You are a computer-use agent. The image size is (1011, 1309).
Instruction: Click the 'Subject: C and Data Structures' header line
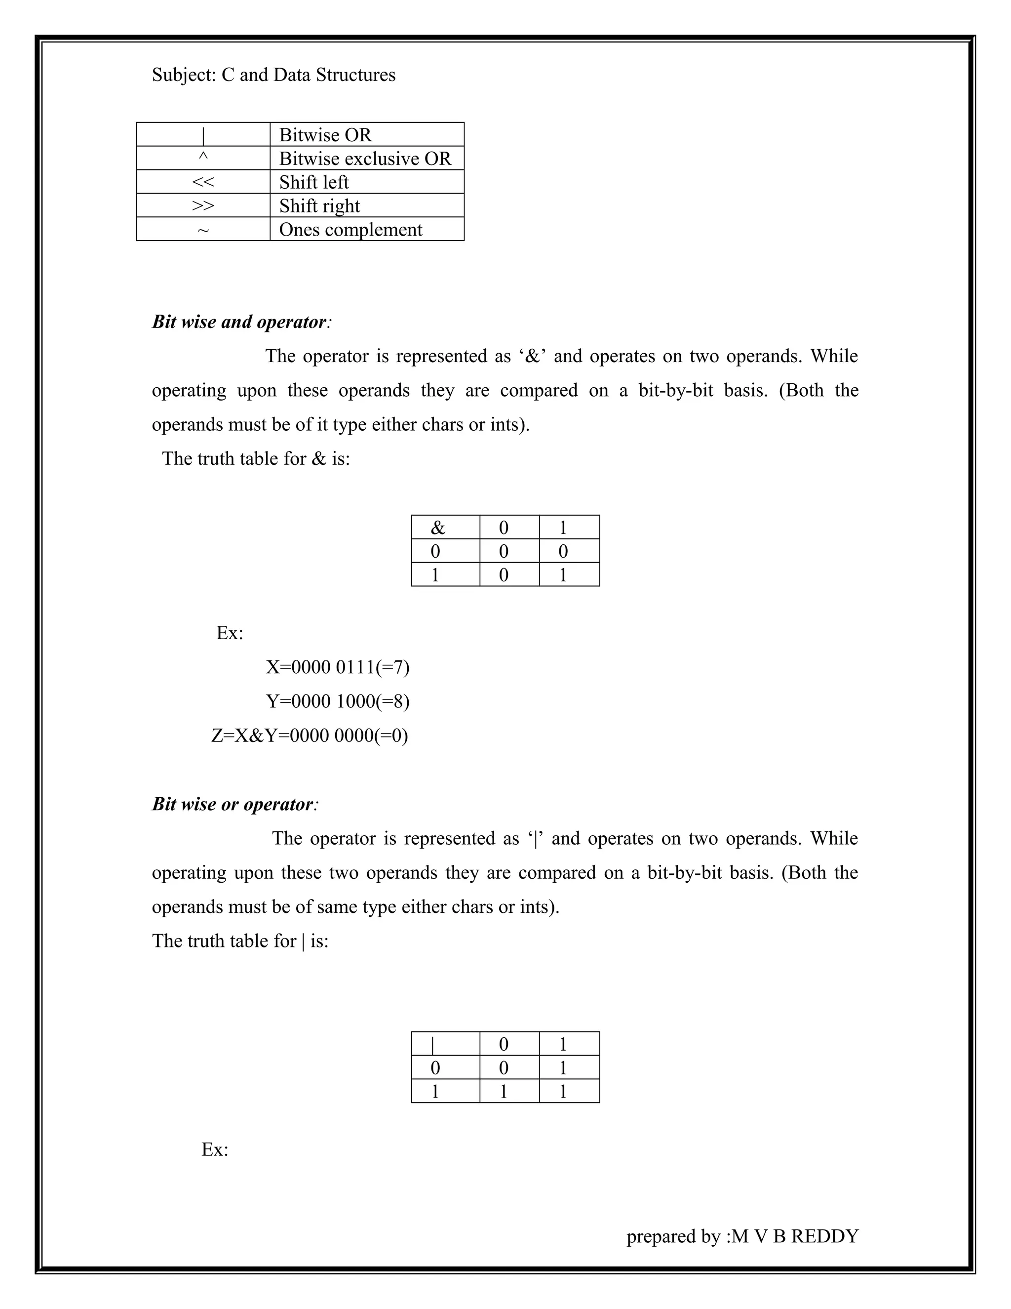click(273, 75)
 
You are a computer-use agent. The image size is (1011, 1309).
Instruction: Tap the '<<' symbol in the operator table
click(203, 182)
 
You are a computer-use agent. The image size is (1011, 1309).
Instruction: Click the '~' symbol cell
click(203, 230)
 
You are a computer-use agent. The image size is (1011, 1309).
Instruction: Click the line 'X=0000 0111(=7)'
click(337, 666)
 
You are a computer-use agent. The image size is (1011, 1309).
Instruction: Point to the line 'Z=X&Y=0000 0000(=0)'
click(310, 735)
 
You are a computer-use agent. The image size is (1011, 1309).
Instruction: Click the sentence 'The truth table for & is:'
click(256, 458)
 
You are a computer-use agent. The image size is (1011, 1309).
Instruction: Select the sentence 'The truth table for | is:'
click(240, 941)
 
